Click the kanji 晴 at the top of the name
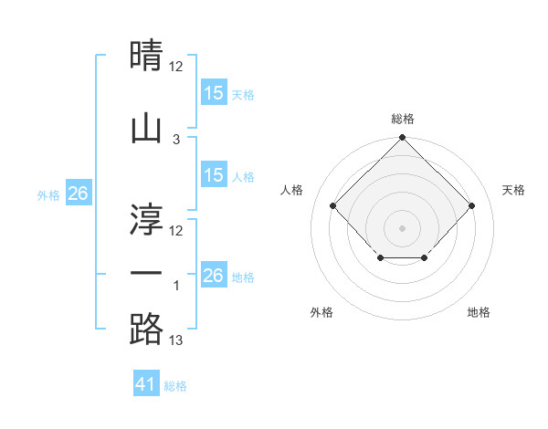pyautogui.click(x=146, y=56)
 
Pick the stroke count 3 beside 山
pyautogui.click(x=176, y=140)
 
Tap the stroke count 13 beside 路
pyautogui.click(x=176, y=341)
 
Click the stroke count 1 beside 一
pyautogui.click(x=176, y=287)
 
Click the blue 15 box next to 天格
pyautogui.click(x=214, y=92)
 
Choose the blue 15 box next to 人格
pyautogui.click(x=214, y=175)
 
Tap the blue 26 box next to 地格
pyautogui.click(x=214, y=276)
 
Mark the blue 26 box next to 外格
pyautogui.click(x=78, y=193)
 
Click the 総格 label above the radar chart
pyautogui.click(x=402, y=119)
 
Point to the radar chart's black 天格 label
pyautogui.click(x=513, y=190)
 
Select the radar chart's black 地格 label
pyautogui.click(x=479, y=312)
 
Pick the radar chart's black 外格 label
pyautogui.click(x=321, y=312)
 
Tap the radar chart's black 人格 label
pyautogui.click(x=292, y=190)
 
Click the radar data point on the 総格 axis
pyautogui.click(x=402, y=139)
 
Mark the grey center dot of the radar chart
pyautogui.click(x=402, y=227)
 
